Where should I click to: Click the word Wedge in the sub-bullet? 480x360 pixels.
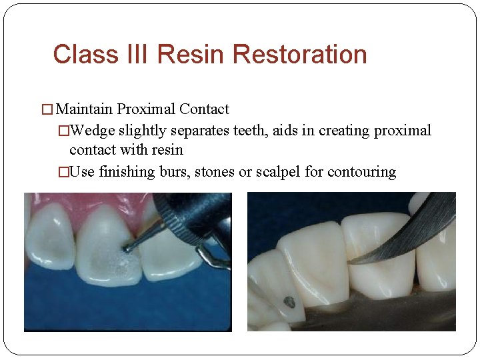(x=92, y=130)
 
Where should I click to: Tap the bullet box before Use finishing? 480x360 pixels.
(x=63, y=172)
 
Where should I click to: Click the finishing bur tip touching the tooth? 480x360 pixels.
(x=127, y=249)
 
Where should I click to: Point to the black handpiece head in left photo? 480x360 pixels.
(x=190, y=213)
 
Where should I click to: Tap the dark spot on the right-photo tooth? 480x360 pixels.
(x=289, y=302)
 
